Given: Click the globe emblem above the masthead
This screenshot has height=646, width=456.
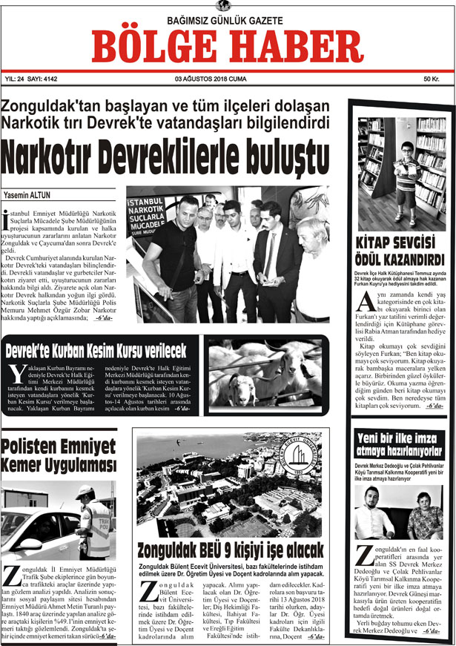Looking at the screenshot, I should coord(220,6).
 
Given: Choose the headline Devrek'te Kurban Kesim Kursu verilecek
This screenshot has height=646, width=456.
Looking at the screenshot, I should coord(96,349).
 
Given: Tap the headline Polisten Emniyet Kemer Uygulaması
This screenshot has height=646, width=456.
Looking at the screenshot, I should coord(59,455).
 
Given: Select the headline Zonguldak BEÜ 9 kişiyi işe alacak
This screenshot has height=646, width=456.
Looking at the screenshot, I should coord(231,550).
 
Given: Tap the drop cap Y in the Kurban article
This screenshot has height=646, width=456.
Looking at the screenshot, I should coord(19,375).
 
